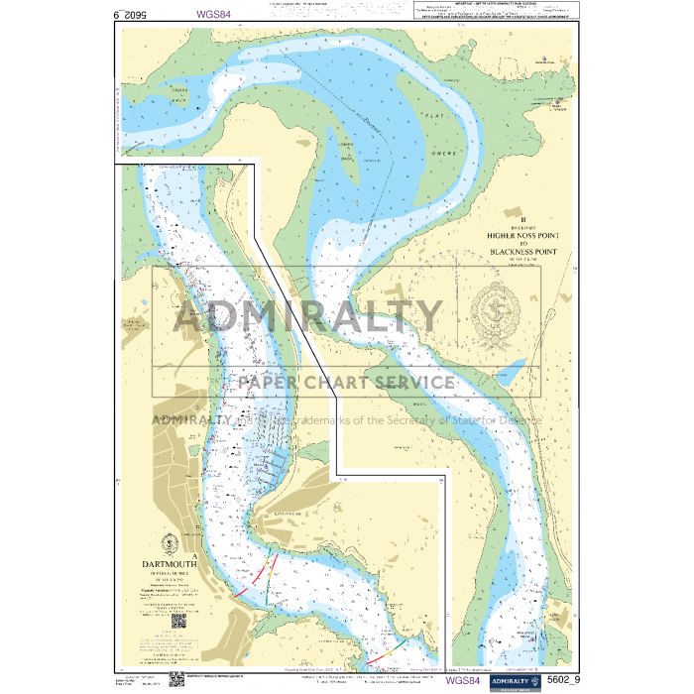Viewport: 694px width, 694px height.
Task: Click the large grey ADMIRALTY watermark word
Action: (x=308, y=316)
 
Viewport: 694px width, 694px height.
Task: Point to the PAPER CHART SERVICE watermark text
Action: (x=346, y=383)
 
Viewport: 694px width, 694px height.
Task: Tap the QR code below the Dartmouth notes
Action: (x=178, y=621)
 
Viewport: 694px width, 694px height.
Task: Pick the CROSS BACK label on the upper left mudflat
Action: (x=179, y=95)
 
